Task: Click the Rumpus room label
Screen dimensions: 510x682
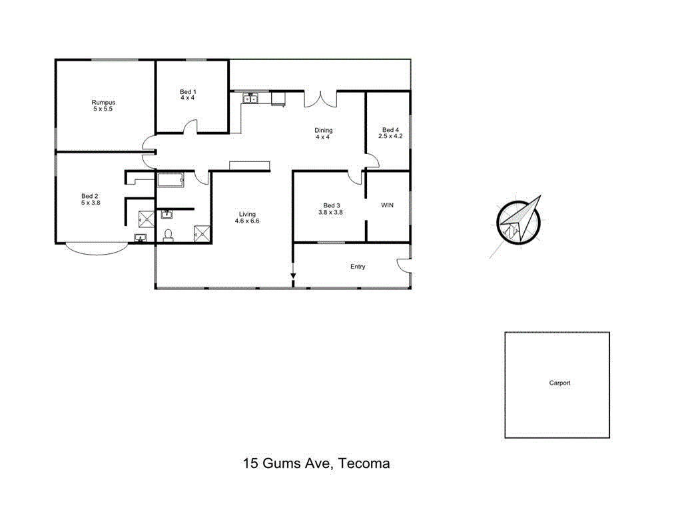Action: (x=103, y=103)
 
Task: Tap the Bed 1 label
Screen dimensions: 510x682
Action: (x=188, y=92)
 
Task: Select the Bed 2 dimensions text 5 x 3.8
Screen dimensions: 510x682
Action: (x=90, y=203)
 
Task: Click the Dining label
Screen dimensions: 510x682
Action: (x=324, y=131)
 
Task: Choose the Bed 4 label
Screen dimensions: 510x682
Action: (x=391, y=130)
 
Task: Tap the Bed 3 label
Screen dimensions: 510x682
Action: (x=332, y=205)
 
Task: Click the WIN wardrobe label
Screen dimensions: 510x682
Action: (x=387, y=205)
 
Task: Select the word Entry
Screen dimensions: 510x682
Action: (x=358, y=267)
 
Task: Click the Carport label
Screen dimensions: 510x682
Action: (x=559, y=383)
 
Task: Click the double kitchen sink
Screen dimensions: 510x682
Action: (x=250, y=99)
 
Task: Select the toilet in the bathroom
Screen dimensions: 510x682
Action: (x=169, y=235)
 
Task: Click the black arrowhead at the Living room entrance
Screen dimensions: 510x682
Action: (x=292, y=275)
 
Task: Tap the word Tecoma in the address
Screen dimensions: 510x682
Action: (x=364, y=463)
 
